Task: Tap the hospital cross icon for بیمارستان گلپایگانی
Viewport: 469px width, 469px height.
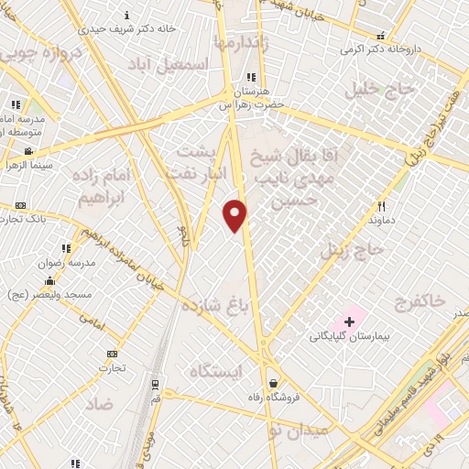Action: [x=349, y=322]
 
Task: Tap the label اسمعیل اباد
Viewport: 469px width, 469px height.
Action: [x=168, y=63]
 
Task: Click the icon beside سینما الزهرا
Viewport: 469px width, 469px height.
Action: [x=29, y=151]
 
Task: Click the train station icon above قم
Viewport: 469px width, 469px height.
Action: [x=155, y=385]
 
